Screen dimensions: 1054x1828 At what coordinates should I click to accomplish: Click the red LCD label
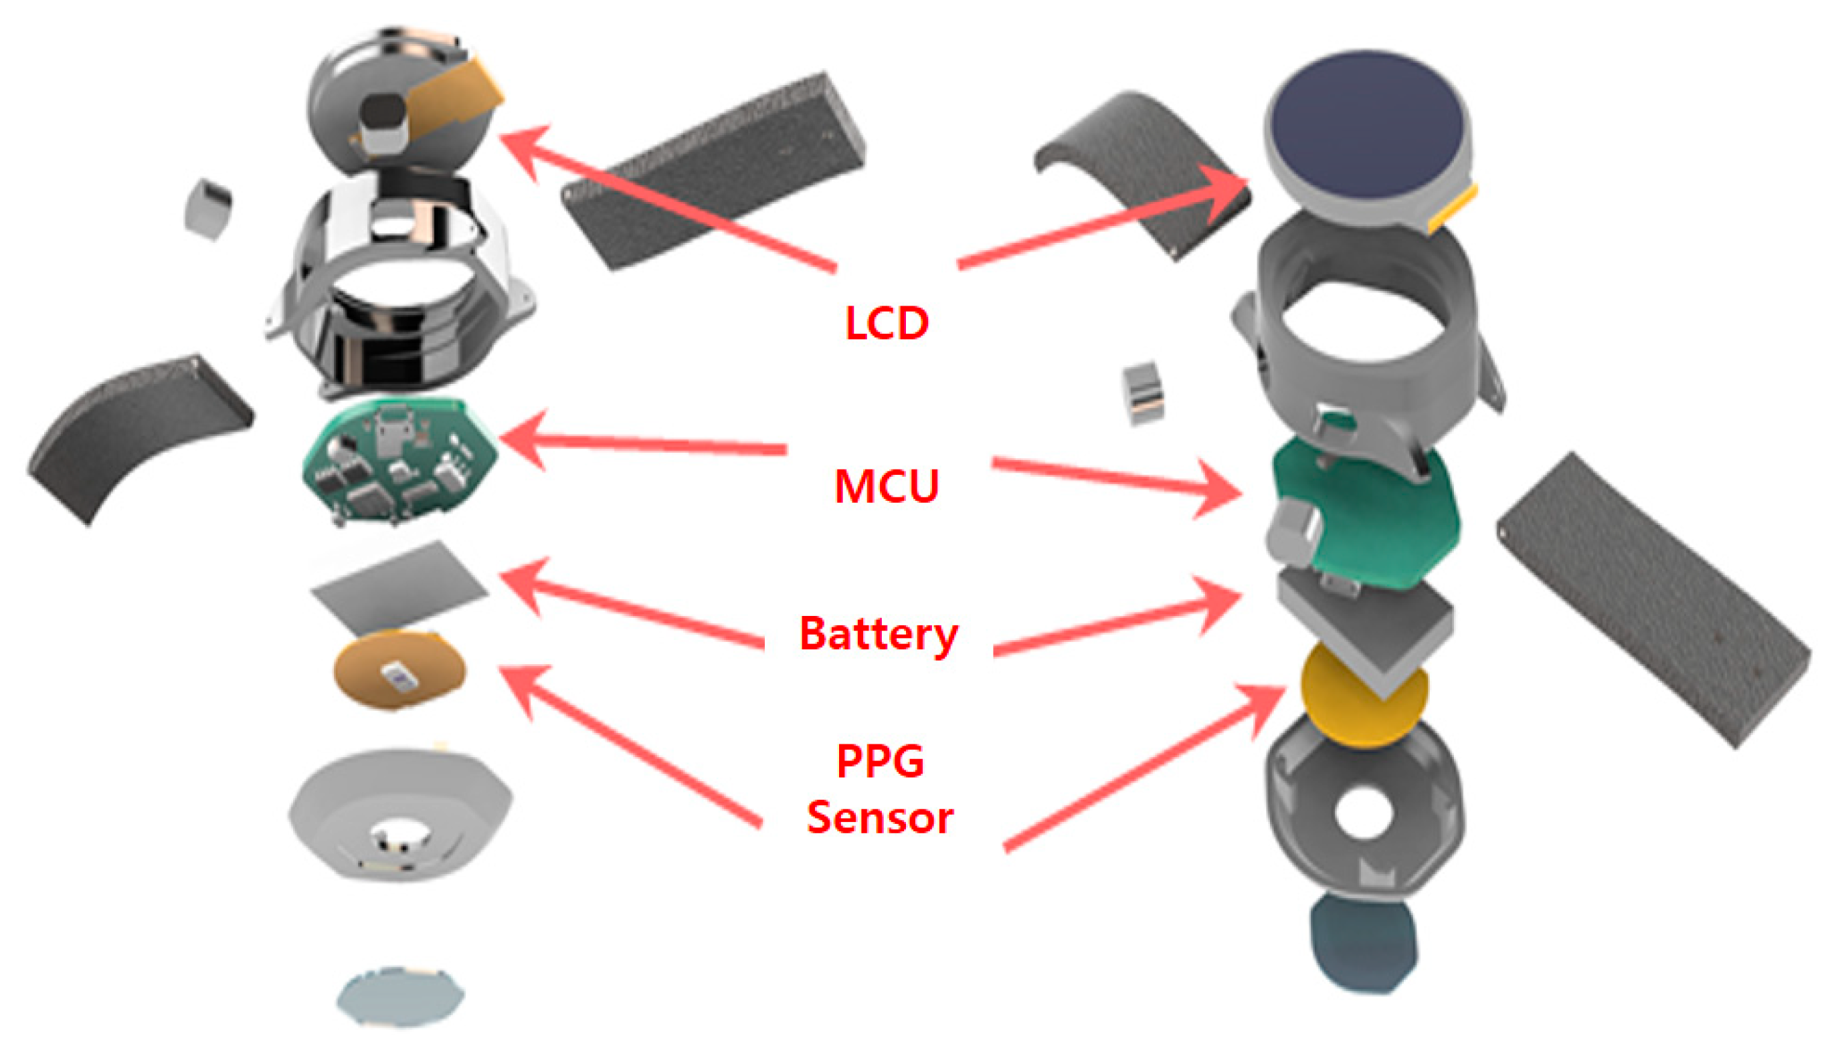(x=886, y=323)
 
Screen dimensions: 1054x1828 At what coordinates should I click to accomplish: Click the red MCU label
(x=886, y=486)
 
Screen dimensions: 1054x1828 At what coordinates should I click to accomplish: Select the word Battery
(x=878, y=634)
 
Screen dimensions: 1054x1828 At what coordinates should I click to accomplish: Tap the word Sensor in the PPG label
(x=879, y=818)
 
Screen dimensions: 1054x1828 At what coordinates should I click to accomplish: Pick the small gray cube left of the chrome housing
(x=208, y=209)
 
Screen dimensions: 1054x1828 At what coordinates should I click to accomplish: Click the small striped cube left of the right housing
(x=1142, y=393)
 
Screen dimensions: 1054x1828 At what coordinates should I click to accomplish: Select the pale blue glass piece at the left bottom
(x=399, y=996)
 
